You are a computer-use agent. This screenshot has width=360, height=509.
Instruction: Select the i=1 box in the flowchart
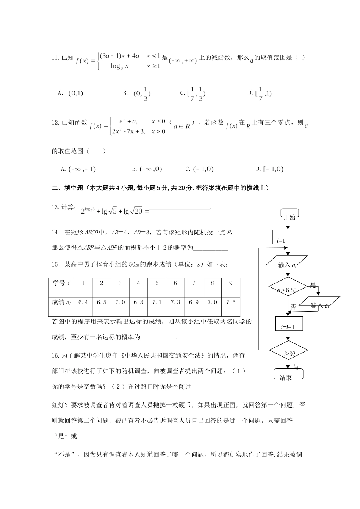coord(289,237)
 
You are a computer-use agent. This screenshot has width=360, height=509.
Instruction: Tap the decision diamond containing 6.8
coord(287,290)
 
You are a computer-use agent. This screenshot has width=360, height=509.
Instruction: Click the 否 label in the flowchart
coord(293,307)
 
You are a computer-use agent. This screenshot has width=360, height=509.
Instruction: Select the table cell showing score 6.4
coord(83,303)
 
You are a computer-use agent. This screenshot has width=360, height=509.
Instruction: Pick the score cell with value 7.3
coord(175,303)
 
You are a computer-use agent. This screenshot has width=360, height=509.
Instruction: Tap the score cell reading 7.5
coord(231,303)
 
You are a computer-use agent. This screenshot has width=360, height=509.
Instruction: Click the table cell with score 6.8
coord(139,303)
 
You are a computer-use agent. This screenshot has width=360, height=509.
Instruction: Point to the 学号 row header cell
coord(61,283)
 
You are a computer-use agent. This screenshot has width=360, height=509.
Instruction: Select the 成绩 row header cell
coord(61,303)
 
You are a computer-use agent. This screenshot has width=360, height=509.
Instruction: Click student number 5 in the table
coord(157,283)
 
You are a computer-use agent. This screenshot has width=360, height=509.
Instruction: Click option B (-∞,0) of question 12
coord(147,169)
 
